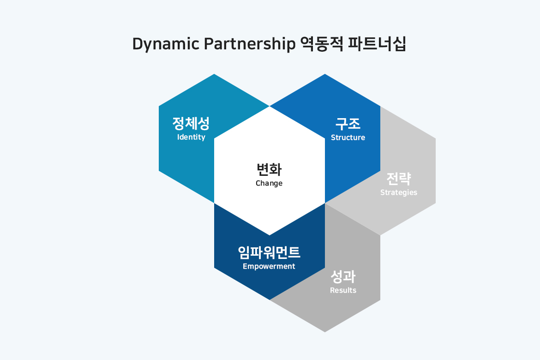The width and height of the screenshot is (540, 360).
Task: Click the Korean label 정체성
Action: [x=191, y=123]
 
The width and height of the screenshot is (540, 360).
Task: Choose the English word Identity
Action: [x=191, y=137]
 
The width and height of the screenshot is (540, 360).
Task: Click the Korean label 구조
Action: [x=348, y=123]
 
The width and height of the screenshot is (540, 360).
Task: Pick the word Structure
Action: [x=348, y=138]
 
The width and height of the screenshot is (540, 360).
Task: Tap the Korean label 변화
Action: [x=269, y=169]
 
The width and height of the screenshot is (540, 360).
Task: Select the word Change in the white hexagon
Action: [x=269, y=183]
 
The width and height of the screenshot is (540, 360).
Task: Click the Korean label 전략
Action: [x=399, y=179]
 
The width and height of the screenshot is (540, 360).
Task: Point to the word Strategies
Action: [x=399, y=192]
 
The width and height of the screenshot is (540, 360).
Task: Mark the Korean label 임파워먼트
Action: [x=269, y=252]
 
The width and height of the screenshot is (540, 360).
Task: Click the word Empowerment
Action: [x=269, y=266]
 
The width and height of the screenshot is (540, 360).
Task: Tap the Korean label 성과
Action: [x=343, y=276]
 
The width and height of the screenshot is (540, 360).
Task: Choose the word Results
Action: [x=343, y=290]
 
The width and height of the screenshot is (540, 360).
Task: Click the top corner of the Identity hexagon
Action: [x=214, y=74]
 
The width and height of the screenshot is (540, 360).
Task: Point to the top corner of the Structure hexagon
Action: [x=325, y=74]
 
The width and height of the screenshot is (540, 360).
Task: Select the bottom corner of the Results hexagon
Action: [x=325, y=331]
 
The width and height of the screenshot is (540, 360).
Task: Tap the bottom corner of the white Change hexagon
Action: [x=270, y=235]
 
